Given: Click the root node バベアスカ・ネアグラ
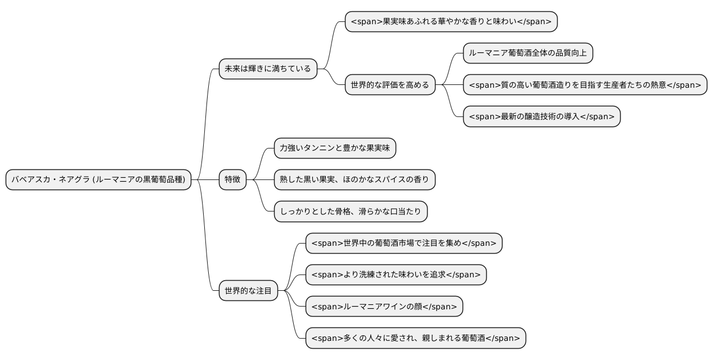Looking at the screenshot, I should click(x=99, y=180).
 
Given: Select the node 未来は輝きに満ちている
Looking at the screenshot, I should click(x=268, y=69).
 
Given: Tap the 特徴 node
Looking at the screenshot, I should click(x=232, y=180).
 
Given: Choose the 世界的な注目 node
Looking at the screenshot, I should click(x=248, y=291).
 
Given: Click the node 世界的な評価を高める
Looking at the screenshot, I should click(x=390, y=85).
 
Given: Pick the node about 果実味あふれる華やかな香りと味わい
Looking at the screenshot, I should click(x=451, y=22).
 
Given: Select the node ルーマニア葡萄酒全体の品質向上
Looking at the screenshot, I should click(x=527, y=53).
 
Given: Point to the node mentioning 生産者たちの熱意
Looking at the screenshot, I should click(x=585, y=85).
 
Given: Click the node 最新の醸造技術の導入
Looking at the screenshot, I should click(x=541, y=116).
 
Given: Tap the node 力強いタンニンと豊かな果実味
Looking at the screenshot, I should click(x=335, y=148).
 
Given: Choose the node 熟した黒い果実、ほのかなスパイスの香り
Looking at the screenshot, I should click(x=355, y=180).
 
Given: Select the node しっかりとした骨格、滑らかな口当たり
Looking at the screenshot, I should click(x=351, y=211).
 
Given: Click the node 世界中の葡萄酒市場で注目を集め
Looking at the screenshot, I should click(x=403, y=243).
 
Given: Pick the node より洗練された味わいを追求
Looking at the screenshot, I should click(x=396, y=275).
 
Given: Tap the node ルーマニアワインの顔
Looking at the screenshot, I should click(x=384, y=307).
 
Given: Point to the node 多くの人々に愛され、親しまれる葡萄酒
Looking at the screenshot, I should click(x=416, y=338).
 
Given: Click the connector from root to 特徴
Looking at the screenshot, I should click(x=205, y=180).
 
